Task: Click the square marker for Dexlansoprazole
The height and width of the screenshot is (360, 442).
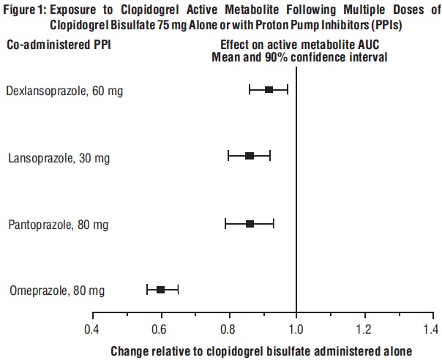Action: pos(269,89)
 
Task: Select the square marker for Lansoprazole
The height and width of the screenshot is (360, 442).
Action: pos(250,156)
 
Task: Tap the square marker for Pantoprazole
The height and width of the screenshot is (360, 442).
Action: pos(250,223)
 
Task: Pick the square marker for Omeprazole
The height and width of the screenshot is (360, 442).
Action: pos(161,290)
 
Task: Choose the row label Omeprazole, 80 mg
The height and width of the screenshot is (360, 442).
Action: pos(57,291)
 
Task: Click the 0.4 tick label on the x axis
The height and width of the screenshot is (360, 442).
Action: pos(92,329)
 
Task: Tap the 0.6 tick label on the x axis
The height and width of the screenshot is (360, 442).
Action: pos(160,329)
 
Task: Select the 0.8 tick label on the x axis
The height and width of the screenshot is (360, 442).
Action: pos(229,329)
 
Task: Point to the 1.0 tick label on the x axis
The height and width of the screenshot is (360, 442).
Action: pos(296,329)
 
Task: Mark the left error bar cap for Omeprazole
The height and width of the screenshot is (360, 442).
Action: pos(147,290)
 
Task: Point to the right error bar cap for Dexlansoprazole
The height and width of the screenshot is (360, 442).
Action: pos(288,89)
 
